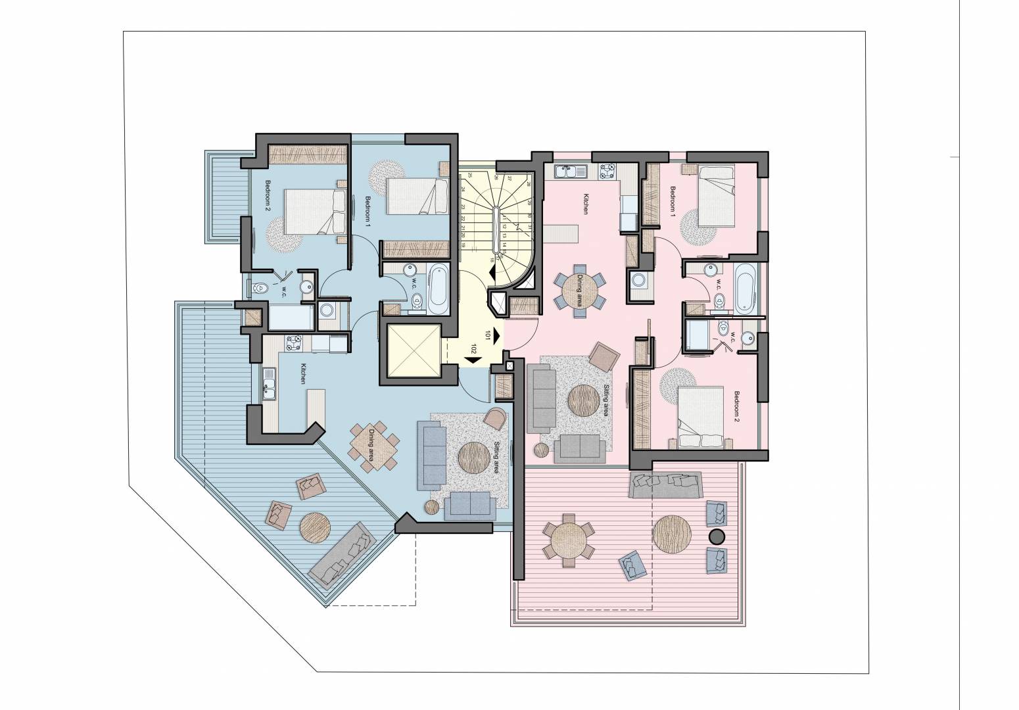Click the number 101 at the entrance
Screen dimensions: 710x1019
488,335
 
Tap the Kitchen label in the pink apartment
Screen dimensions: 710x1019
583,204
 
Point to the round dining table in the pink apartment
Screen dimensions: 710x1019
581,289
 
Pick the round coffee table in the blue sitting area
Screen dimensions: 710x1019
473,456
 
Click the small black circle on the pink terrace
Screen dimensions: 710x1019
716,536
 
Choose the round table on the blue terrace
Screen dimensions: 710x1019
316,527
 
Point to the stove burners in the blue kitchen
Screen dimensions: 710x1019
293,342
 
